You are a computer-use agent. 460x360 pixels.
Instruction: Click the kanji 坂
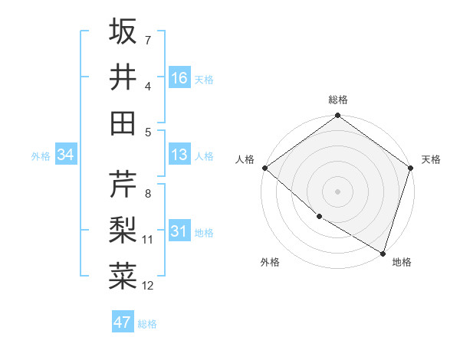(x=123, y=31)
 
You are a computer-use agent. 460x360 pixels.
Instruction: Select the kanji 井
(x=123, y=77)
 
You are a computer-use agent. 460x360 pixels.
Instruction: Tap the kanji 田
(x=123, y=123)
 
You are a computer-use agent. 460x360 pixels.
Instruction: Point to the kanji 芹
(x=123, y=185)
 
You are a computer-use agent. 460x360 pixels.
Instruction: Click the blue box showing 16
(x=179, y=78)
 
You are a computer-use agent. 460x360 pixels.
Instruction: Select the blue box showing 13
(x=179, y=155)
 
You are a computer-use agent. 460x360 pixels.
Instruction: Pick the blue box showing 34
(x=66, y=155)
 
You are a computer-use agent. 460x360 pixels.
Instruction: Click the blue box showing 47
(x=123, y=322)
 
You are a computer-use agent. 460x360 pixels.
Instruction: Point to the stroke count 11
(x=148, y=240)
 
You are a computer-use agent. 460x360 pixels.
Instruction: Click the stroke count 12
(x=148, y=286)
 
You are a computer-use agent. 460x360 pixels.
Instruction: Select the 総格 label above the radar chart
(x=337, y=100)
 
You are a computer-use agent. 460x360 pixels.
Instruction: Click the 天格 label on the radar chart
(x=431, y=159)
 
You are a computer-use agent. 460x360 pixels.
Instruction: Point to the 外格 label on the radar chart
(x=269, y=263)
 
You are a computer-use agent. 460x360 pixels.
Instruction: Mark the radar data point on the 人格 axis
(x=264, y=168)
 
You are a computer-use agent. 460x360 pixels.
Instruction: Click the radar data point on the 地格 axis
(x=382, y=252)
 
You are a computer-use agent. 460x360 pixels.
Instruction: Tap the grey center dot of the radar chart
(x=337, y=191)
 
